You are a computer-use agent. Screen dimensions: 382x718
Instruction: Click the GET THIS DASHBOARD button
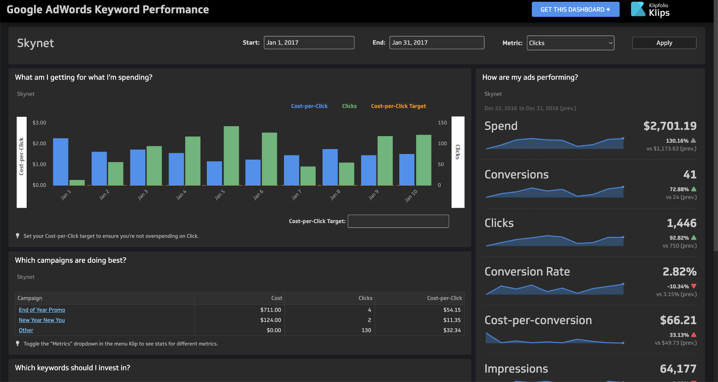click(x=575, y=9)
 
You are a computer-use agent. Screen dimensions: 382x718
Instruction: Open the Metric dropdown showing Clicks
click(x=570, y=43)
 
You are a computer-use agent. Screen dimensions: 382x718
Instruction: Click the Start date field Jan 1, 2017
click(x=309, y=42)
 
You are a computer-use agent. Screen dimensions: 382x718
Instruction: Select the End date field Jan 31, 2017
click(x=436, y=42)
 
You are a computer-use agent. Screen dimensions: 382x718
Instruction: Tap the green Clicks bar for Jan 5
click(x=231, y=156)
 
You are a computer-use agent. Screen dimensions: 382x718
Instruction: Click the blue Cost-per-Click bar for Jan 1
click(x=61, y=162)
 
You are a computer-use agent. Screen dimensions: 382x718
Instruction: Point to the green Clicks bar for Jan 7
click(x=308, y=176)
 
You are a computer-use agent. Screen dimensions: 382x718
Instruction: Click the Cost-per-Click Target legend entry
click(x=398, y=106)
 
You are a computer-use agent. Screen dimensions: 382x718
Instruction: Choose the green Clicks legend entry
click(x=349, y=106)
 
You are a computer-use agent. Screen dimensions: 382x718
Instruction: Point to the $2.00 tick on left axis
click(x=39, y=143)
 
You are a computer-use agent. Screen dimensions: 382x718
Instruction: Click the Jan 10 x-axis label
click(x=411, y=196)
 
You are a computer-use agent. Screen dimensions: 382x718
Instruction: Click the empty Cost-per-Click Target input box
click(x=398, y=221)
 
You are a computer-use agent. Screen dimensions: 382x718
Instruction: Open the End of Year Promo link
click(x=42, y=310)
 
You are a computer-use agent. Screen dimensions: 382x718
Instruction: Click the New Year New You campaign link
click(x=42, y=320)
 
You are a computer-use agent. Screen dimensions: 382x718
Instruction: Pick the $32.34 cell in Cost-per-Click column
click(x=452, y=330)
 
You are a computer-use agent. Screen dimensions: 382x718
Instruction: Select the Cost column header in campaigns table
click(x=276, y=298)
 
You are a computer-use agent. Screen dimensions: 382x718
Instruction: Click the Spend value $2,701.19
click(x=670, y=126)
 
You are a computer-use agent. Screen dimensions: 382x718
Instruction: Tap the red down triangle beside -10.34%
click(x=693, y=286)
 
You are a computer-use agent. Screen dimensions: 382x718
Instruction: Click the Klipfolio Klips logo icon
click(x=638, y=9)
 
